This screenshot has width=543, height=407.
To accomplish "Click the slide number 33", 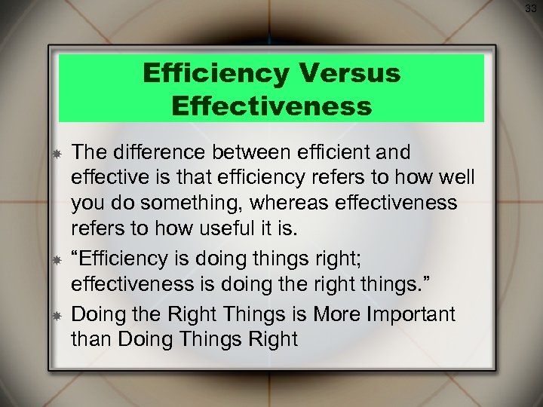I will pyautogui.click(x=531, y=8).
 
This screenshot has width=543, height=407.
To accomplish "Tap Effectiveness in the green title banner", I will pyautogui.click(x=271, y=105).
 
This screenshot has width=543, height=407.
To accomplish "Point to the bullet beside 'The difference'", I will pyautogui.click(x=56, y=154).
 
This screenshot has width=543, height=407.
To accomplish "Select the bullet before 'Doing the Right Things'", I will pyautogui.click(x=56, y=314).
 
